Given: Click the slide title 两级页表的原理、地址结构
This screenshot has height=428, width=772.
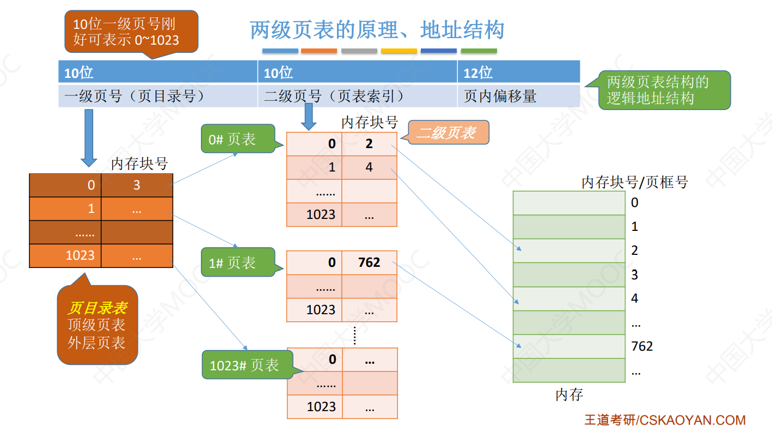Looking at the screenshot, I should point(377,30).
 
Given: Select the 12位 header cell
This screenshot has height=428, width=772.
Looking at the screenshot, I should point(518,72).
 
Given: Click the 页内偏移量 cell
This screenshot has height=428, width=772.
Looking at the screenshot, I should point(518,96).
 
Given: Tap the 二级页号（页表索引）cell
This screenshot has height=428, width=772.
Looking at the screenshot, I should point(357,96).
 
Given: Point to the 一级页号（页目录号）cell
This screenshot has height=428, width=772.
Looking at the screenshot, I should point(157,96).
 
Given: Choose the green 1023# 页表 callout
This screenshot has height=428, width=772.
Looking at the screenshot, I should point(246,365).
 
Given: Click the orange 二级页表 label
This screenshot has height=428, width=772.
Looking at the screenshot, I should point(448,132).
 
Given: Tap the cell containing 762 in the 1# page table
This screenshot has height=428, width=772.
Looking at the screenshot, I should point(369,262).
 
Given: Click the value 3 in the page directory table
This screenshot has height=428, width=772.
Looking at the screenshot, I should point(137,185).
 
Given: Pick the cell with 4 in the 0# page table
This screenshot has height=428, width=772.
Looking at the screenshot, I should point(369,168).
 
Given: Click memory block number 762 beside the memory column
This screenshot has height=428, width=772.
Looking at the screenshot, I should point(642,346).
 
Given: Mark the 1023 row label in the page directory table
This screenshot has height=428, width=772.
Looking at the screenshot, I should point(80,255).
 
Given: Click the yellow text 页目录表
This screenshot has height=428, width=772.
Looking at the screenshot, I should point(97,308).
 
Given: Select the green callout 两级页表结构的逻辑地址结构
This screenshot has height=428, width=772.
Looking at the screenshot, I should point(664,90).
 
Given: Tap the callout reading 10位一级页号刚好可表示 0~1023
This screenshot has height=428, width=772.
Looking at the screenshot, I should point(131,32).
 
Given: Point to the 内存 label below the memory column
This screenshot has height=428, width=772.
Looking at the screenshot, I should point(569,395).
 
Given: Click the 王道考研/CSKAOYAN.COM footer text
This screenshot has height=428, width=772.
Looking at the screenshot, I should point(665,420).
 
